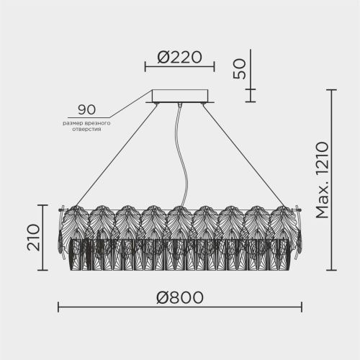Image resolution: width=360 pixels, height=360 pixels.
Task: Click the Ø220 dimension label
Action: (x=179, y=58)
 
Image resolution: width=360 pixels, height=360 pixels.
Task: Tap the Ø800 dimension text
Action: (x=180, y=297)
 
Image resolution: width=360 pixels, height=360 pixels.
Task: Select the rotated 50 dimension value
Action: (x=240, y=69)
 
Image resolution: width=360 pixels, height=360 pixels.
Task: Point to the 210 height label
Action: (x=33, y=238)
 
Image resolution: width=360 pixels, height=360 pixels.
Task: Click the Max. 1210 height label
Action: (x=322, y=180)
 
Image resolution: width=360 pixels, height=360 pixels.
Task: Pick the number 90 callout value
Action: (x=87, y=109)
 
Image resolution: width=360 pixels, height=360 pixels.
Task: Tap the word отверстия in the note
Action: (x=86, y=130)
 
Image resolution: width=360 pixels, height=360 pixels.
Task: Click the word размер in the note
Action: (x=73, y=124)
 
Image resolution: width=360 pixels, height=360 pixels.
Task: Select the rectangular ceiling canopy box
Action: (x=180, y=96)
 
